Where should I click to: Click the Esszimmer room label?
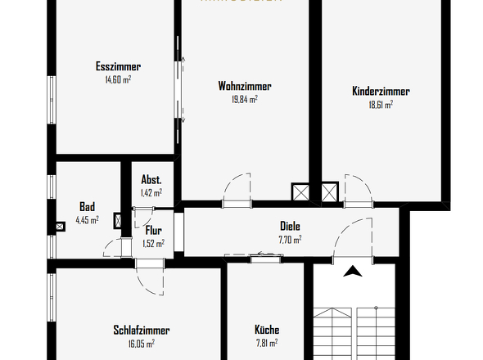tap(119, 67)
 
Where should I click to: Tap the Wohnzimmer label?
tap(245, 86)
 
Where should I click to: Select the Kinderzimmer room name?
tap(381, 92)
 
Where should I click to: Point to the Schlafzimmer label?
tap(142, 331)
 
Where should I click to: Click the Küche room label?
tap(267, 331)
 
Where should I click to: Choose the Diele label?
tap(290, 227)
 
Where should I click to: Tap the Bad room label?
tap(88, 206)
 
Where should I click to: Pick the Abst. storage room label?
tap(151, 180)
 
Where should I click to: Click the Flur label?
tap(154, 231)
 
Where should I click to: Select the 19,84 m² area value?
tap(245, 99)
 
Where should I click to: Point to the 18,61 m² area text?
tap(381, 105)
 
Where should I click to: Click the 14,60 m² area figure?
tap(119, 80)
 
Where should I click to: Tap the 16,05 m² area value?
tap(142, 344)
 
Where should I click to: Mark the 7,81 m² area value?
tap(267, 344)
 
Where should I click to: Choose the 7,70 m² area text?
tap(290, 240)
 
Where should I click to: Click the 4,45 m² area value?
tap(88, 219)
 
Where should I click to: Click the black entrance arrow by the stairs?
tap(352, 272)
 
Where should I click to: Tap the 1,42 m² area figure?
tap(151, 193)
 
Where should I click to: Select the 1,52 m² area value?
tap(154, 243)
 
